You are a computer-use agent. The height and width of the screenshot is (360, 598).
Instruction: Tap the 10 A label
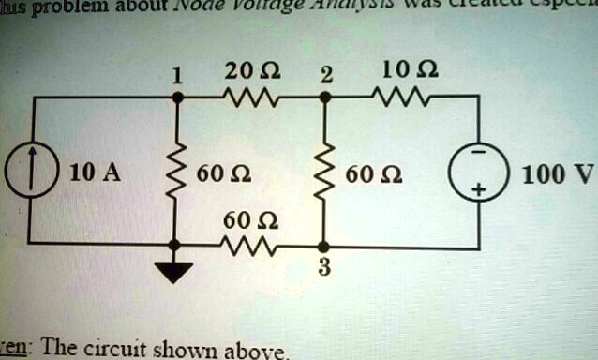pos(94,172)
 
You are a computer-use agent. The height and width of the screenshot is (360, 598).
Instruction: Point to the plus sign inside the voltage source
pos(479,189)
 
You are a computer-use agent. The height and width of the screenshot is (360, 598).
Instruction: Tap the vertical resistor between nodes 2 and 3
pos(323,172)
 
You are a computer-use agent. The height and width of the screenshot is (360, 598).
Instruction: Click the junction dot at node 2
pos(323,97)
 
